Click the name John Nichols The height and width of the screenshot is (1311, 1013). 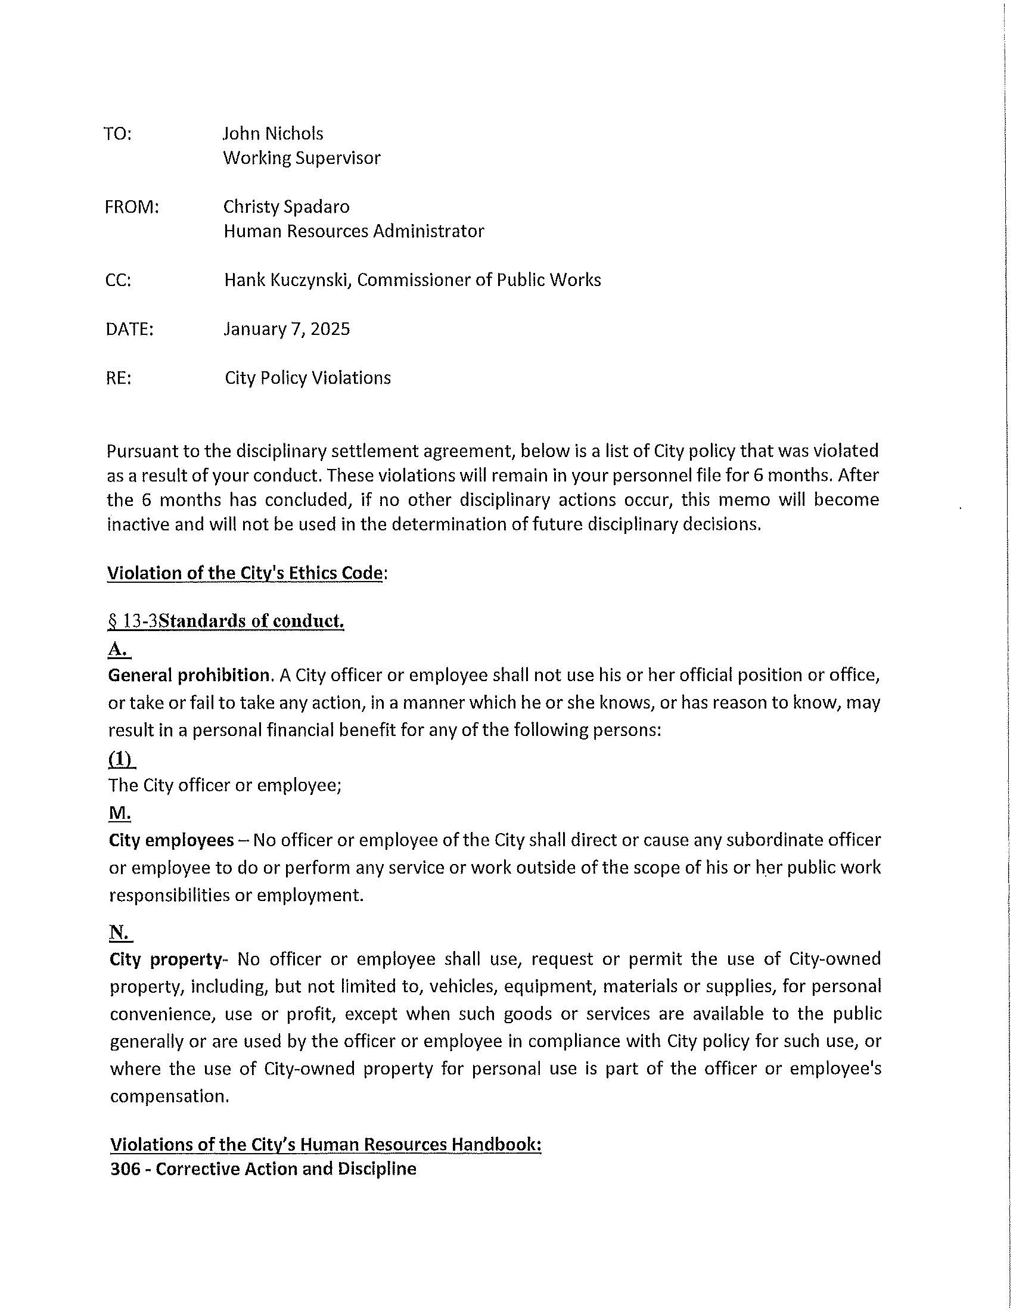coord(272,133)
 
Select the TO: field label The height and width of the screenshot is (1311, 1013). coord(117,134)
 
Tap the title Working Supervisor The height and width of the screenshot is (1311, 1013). coord(302,158)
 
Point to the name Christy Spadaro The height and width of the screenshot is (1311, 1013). coord(286,207)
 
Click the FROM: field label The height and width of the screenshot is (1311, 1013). coord(132,207)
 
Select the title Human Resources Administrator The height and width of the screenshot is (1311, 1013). coord(353,231)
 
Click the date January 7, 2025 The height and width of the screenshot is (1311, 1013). coord(286,329)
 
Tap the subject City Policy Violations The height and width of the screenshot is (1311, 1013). coord(307,378)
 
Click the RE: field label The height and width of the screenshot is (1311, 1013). coord(118,378)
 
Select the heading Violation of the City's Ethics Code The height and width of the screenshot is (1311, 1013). coord(245,573)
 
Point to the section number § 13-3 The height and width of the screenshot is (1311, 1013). coord(133,621)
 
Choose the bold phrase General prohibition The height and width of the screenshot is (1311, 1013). coord(188,675)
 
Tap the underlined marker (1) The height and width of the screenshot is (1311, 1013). coord(121,759)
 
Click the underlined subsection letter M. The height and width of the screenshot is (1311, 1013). coord(119,813)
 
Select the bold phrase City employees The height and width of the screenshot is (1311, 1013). coord(172,840)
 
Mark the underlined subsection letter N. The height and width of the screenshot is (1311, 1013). coord(119,931)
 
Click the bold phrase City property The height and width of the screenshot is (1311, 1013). coord(166,959)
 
